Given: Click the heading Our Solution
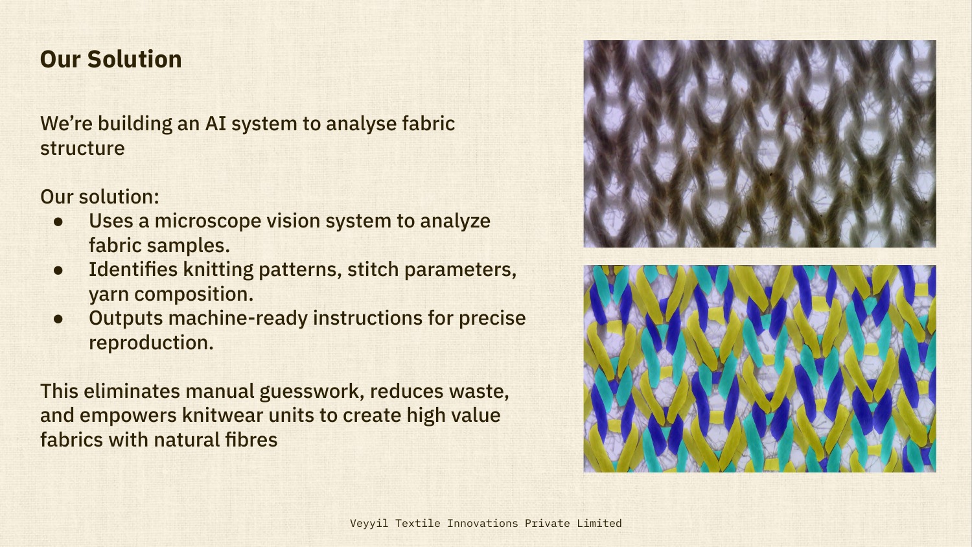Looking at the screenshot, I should click(111, 59).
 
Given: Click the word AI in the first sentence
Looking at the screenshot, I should click(215, 123).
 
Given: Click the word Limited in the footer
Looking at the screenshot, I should click(599, 523).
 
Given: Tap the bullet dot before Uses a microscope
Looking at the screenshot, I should click(59, 222).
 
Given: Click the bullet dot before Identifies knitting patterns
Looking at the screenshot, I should click(59, 270).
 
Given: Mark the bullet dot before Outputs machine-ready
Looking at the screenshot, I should click(59, 319).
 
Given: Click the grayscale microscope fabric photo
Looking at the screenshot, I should click(759, 144).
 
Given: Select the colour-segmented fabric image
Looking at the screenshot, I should click(759, 368).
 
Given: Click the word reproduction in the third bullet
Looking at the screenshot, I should click(150, 343).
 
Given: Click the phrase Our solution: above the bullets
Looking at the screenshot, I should click(100, 196).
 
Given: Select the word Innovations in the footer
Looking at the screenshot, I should click(482, 523).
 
